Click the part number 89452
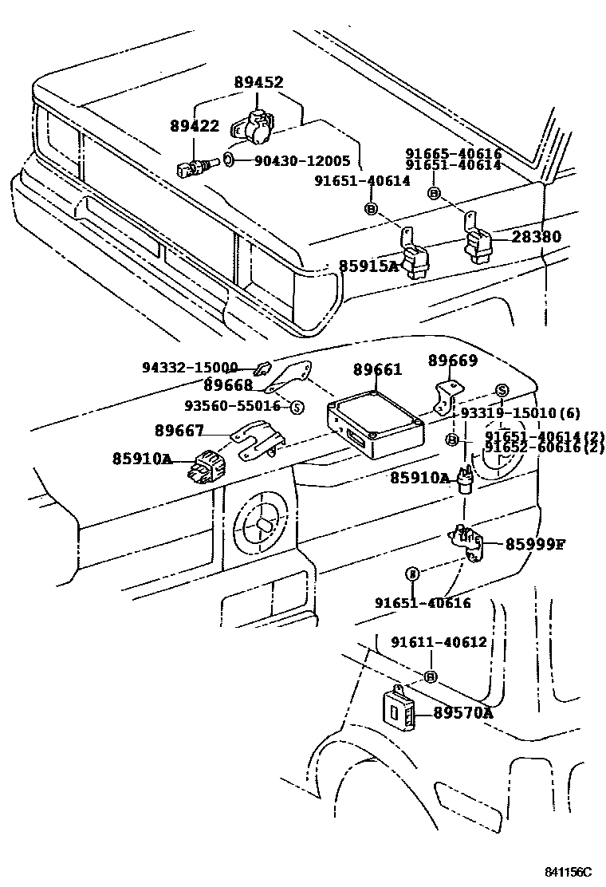click(x=258, y=82)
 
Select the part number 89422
click(x=194, y=126)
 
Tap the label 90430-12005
click(x=302, y=161)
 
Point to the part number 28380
click(x=536, y=237)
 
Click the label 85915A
click(x=368, y=266)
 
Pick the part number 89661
click(x=378, y=369)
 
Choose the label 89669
click(x=453, y=361)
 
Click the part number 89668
click(x=226, y=386)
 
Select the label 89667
click(x=179, y=431)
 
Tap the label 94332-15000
click(x=190, y=368)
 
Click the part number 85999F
click(x=535, y=545)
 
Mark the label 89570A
click(x=463, y=712)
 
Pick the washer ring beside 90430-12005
click(x=229, y=160)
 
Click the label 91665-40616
click(x=453, y=154)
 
